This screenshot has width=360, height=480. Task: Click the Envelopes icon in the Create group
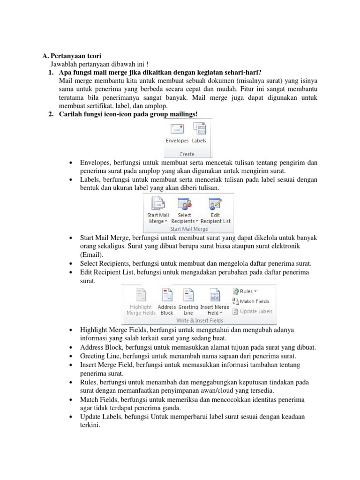[177, 129]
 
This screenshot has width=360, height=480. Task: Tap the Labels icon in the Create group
[199, 129]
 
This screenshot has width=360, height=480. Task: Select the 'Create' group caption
[187, 154]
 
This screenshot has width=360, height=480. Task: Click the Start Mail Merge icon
[158, 204]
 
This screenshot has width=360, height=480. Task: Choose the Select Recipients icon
[184, 204]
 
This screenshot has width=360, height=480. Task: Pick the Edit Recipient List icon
[215, 204]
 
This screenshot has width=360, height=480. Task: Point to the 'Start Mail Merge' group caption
[189, 229]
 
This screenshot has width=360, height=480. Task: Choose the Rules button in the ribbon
[244, 291]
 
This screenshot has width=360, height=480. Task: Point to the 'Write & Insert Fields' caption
[199, 320]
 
